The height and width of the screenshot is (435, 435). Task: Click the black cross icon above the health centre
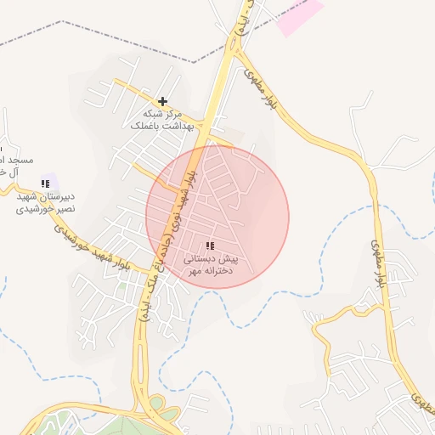[x=162, y=101]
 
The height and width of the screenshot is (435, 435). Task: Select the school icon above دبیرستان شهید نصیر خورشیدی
[x=44, y=183]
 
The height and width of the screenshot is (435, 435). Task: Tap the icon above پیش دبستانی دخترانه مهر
[x=210, y=246]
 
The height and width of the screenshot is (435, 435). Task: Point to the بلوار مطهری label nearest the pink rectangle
[x=256, y=81]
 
